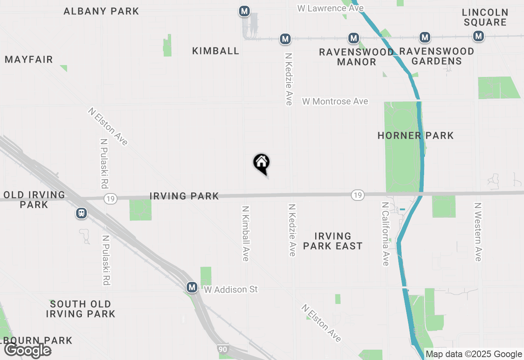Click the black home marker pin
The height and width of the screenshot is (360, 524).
coord(262,163)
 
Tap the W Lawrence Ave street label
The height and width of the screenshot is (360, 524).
coord(330,8)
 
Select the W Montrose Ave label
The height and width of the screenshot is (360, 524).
coord(335,101)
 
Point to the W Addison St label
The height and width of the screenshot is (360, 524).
coord(231,289)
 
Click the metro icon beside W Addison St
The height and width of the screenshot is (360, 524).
coord(192,288)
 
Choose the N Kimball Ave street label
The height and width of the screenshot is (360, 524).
coord(246,233)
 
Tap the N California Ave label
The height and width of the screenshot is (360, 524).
coord(385,234)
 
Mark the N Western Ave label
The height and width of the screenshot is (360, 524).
coord(478,232)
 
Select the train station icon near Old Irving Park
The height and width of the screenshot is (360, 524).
coord(81,213)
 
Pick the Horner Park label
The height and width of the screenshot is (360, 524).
coord(416,135)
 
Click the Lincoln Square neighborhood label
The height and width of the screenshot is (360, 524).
coord(485,17)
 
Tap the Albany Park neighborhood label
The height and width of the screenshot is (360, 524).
coord(102,11)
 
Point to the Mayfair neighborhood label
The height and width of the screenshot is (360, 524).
coord(29,60)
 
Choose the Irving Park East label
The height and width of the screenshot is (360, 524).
coord(333,241)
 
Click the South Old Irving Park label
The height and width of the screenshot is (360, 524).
coord(81,309)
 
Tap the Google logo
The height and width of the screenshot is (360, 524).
coord(27,350)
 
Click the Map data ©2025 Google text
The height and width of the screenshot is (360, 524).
coord(474,354)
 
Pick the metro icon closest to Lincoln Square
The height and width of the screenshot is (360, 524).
coord(478,36)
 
